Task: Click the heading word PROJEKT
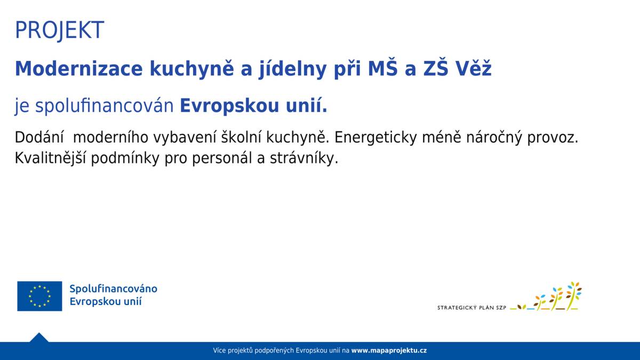pos(59,30)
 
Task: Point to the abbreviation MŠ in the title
pos(385,69)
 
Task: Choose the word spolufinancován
pos(104,106)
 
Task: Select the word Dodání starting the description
pos(39,137)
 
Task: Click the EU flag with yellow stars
pos(39,296)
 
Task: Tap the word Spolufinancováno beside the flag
pos(113,289)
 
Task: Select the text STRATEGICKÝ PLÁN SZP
pos(471,308)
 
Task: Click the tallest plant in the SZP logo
pos(573,295)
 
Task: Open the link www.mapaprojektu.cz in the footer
pos(389,350)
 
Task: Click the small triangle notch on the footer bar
pos(39,338)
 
